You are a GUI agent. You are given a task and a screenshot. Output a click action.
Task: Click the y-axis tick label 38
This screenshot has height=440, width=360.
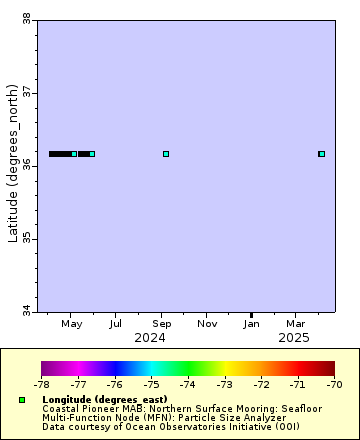[x=25, y=18]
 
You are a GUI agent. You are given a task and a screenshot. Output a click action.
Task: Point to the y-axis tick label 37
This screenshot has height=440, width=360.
[x=25, y=92]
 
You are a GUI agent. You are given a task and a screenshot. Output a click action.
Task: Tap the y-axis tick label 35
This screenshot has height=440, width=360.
[x=25, y=238]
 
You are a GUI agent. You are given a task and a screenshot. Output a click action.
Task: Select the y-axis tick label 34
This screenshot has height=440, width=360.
[x=25, y=311]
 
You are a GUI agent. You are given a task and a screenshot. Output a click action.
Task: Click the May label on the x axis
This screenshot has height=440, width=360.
[x=71, y=324]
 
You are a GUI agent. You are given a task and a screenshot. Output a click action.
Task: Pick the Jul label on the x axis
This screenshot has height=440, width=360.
[x=116, y=324]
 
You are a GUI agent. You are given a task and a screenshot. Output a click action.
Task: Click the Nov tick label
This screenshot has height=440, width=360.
[x=207, y=324]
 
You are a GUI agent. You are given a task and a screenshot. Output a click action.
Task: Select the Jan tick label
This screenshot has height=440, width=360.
[x=252, y=324]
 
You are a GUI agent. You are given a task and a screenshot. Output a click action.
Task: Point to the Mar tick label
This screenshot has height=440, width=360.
[x=296, y=324]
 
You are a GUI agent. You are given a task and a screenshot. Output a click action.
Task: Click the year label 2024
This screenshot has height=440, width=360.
[x=150, y=338]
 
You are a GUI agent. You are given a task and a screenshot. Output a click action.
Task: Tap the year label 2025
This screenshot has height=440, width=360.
[x=294, y=338]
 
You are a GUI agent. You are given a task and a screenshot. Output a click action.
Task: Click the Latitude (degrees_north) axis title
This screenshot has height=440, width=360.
[x=12, y=165]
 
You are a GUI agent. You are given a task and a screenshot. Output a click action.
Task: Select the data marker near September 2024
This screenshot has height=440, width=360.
[x=166, y=154]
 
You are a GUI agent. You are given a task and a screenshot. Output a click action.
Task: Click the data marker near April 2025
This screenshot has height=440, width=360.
[x=322, y=154]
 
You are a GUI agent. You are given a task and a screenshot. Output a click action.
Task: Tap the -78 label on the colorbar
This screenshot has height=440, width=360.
[x=41, y=383]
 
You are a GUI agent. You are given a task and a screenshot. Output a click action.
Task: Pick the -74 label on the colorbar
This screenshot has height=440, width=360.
[x=188, y=383]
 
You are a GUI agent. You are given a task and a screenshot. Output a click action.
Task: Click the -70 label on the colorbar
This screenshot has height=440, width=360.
[x=334, y=383]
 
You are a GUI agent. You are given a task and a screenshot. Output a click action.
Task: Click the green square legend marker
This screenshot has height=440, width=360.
[x=21, y=400]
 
